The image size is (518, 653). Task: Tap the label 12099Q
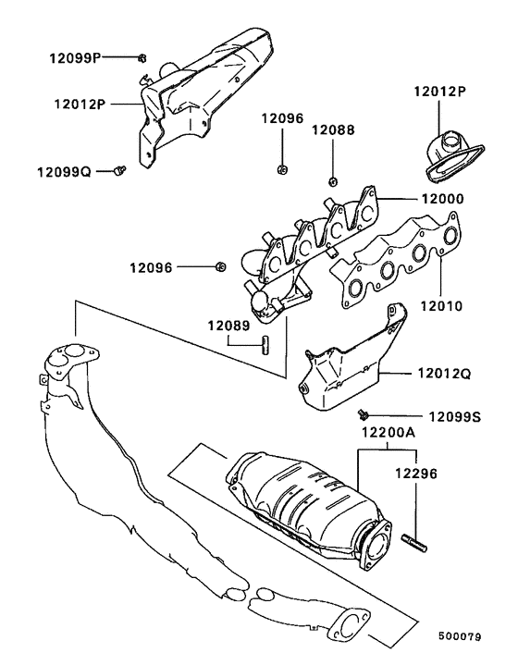[x=64, y=172]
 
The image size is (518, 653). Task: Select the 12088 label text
[x=332, y=130]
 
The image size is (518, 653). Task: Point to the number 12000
[x=441, y=199]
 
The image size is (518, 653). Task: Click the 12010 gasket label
[x=440, y=303]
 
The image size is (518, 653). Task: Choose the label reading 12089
[x=228, y=325]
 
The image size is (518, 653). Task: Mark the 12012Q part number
[x=444, y=374]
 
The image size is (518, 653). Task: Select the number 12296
[x=415, y=472]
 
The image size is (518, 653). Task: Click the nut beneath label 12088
[x=332, y=176]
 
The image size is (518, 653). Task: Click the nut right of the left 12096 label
[x=219, y=267]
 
